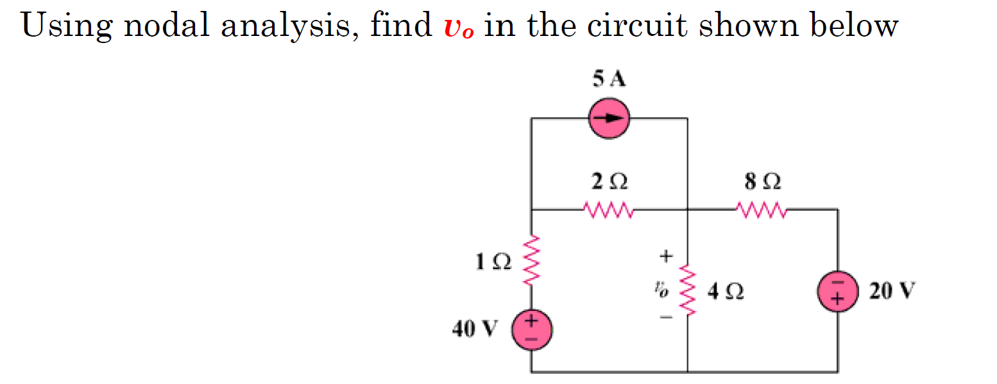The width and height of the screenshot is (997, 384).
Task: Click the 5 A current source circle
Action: click(609, 118)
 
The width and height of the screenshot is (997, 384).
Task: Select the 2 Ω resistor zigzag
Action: click(609, 209)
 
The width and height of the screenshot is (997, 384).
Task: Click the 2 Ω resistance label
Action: click(609, 182)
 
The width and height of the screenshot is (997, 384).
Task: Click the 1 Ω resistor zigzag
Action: click(531, 262)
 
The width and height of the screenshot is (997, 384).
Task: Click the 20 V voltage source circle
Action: click(837, 292)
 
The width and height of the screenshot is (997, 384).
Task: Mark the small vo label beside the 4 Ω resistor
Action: click(661, 291)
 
